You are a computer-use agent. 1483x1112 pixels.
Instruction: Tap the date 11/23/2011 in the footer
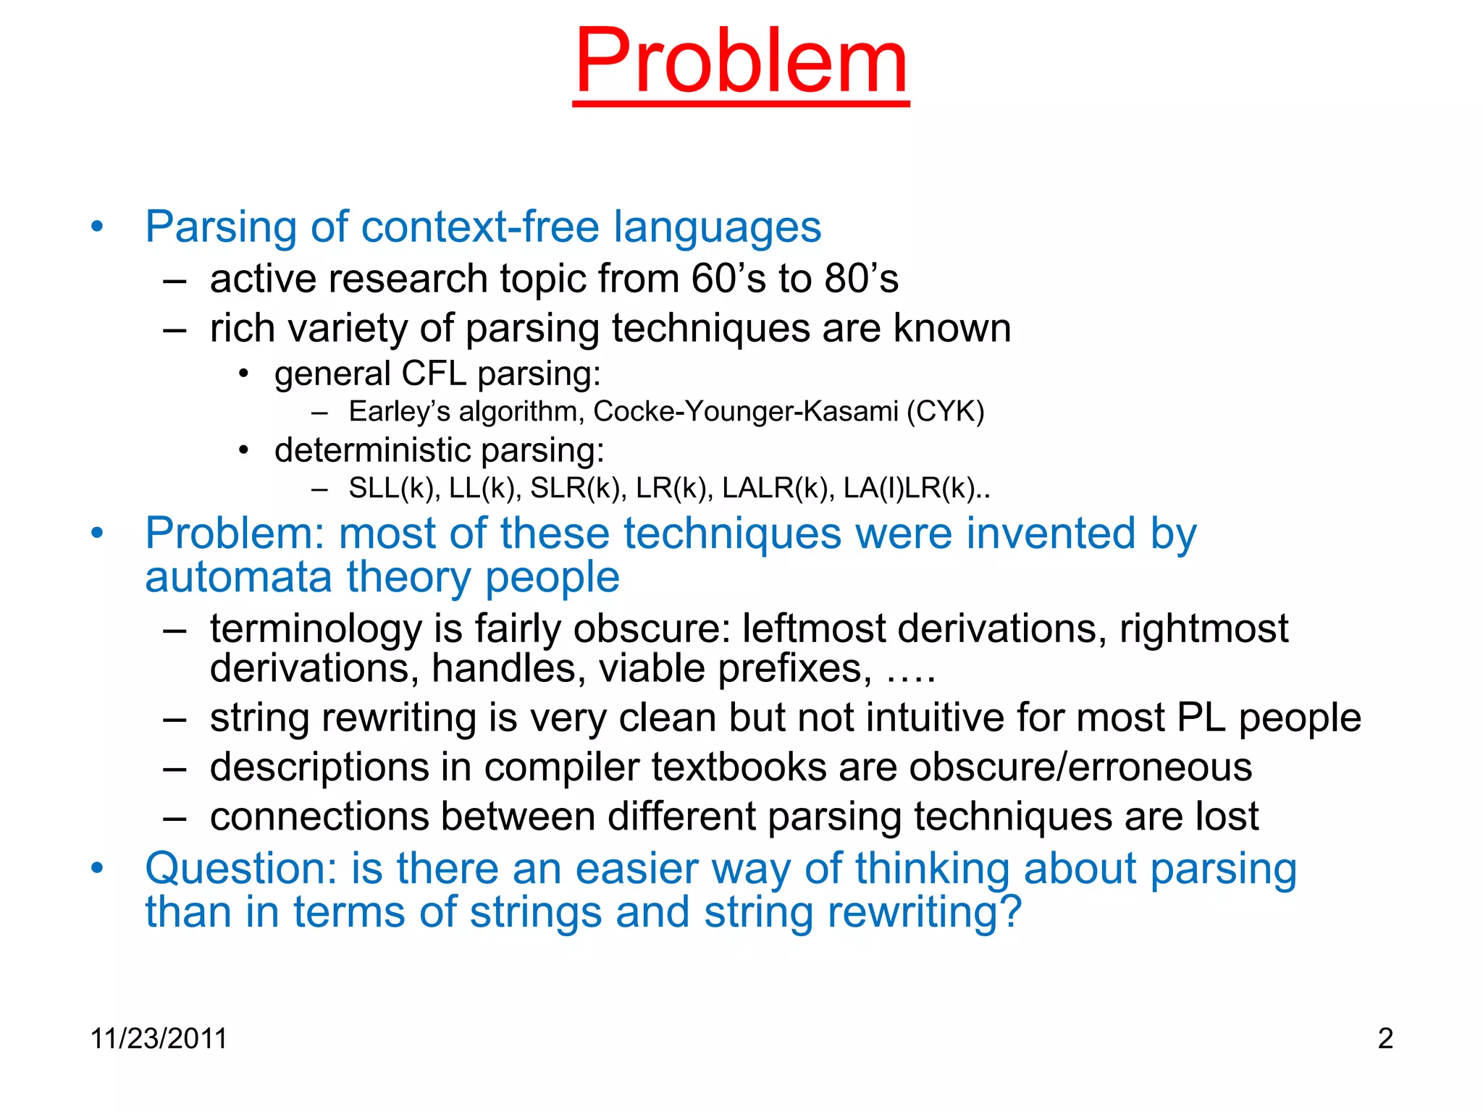pyautogui.click(x=159, y=1038)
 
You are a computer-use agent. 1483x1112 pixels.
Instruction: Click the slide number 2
pyautogui.click(x=1385, y=1038)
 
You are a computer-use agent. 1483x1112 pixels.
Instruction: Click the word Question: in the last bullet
pyautogui.click(x=241, y=869)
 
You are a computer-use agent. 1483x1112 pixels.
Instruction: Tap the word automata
pyautogui.click(x=239, y=578)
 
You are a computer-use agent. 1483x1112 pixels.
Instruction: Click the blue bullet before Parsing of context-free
pyautogui.click(x=97, y=227)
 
